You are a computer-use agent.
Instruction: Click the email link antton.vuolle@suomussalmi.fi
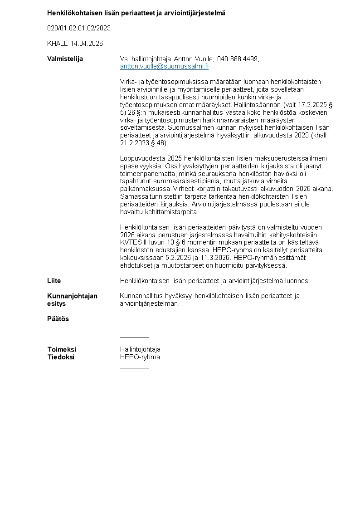164,66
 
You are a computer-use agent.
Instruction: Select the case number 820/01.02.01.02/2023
79,28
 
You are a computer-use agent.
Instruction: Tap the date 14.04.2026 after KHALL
87,44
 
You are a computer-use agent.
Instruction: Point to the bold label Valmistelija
65,59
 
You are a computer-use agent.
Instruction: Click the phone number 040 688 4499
238,59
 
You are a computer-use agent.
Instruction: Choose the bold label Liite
54,281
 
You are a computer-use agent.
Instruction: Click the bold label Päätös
58,319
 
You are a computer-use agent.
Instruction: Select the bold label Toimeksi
62,349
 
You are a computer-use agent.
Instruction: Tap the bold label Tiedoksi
61,357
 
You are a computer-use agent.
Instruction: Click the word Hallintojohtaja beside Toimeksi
140,349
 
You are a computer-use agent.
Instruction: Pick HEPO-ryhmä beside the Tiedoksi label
140,357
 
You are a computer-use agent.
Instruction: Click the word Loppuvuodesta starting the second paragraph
140,158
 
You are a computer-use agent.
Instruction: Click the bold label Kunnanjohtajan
72,296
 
